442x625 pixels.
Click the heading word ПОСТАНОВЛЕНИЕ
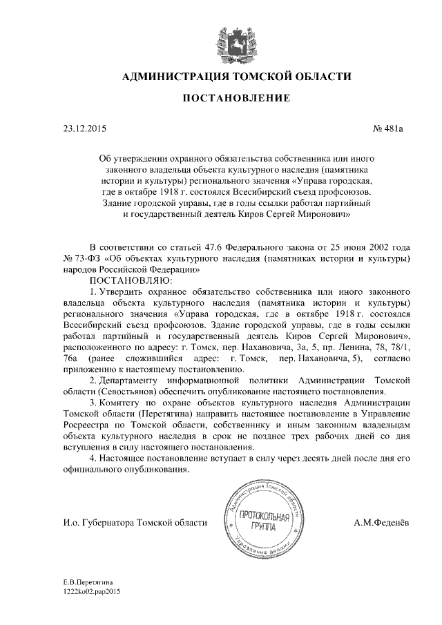236,99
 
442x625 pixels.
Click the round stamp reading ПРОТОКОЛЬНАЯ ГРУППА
264,523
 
